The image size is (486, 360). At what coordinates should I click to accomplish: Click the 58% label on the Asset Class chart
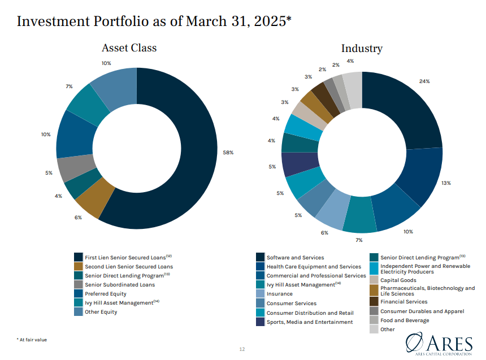coord(228,153)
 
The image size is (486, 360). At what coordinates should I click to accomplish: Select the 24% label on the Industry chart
coord(424,81)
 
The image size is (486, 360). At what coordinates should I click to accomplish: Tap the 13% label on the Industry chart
coord(446,183)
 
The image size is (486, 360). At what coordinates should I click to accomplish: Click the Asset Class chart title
coord(129,48)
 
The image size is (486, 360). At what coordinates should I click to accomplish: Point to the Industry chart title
coord(362,49)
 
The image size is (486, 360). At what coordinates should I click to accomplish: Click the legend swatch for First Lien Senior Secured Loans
coord(79,258)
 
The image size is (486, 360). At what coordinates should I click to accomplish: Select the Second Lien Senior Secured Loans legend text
coord(129,267)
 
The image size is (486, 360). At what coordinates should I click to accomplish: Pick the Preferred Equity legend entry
coord(106,294)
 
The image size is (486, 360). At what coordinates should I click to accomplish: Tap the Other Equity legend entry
coord(101,312)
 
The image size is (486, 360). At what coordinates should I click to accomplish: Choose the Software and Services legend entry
coord(295,258)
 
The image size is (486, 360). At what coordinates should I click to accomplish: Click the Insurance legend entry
coord(279,294)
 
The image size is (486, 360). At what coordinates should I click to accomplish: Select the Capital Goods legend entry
coord(398,279)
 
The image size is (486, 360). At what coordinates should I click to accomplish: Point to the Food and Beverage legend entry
coord(404,320)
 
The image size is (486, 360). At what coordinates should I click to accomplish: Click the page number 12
coord(242,349)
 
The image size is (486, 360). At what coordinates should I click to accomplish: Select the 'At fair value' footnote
coord(32,339)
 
